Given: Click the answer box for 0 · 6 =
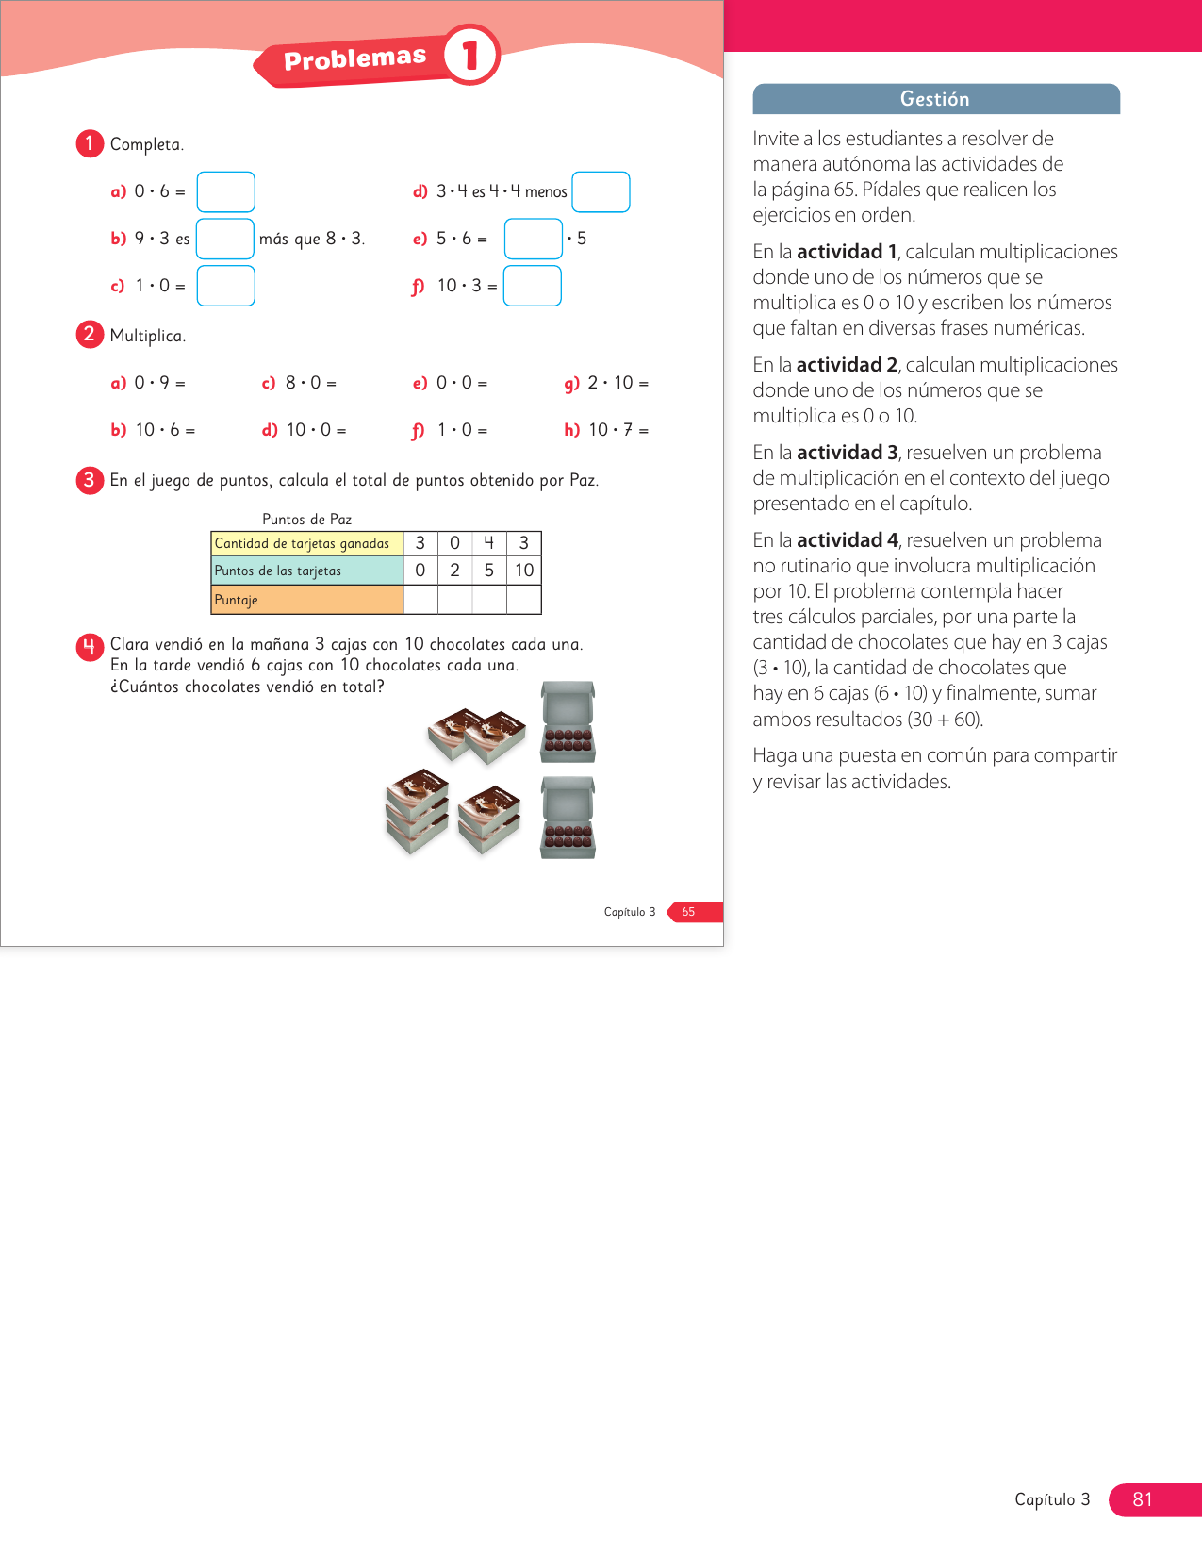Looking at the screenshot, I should click(225, 191).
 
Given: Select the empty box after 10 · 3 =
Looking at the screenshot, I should click(532, 286).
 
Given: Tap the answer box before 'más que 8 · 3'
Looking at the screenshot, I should click(224, 239).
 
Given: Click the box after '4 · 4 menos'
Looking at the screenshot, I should click(601, 191).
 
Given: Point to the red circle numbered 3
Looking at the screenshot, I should click(90, 480).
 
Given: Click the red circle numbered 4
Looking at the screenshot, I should click(90, 646).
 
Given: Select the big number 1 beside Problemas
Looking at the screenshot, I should click(470, 55).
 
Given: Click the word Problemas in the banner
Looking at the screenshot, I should click(354, 58).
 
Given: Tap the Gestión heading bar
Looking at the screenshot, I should click(935, 99).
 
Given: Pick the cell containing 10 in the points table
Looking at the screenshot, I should click(524, 571).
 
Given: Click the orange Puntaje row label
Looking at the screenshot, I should click(306, 600).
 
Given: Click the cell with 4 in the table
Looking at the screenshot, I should click(488, 543).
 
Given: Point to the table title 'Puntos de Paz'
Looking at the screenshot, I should click(306, 520).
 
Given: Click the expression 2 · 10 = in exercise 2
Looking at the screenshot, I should click(617, 383).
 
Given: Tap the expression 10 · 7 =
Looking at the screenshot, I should click(617, 430).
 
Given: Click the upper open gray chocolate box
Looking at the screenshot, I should click(568, 721).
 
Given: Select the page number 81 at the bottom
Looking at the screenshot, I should click(1143, 1499).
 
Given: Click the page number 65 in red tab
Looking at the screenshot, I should click(689, 912).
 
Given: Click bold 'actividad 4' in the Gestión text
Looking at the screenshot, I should click(847, 540).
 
